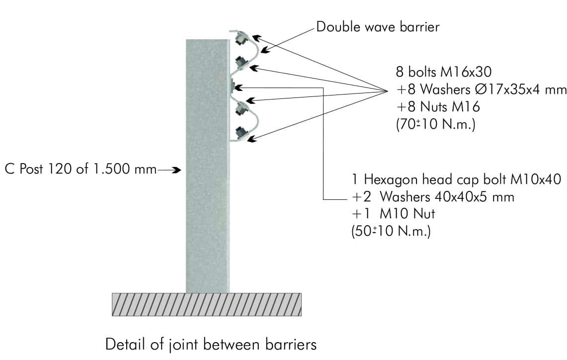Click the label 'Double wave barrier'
coord(378,27)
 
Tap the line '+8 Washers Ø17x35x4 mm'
coord(481,90)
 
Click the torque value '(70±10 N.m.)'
coord(435,125)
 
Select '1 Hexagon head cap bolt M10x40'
coord(456,180)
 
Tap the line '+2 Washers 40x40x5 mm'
coord(432,197)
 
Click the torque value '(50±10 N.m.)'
coord(391,231)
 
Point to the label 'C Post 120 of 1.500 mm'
coord(81,170)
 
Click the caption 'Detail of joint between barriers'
coord(211,344)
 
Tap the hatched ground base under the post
coord(207,304)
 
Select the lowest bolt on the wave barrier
coord(241,133)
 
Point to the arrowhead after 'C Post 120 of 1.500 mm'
coord(175,170)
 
